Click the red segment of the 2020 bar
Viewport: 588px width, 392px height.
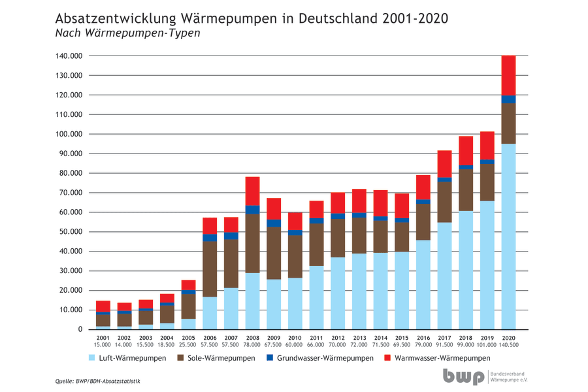[x=508, y=75]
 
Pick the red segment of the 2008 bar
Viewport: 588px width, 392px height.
[x=252, y=191]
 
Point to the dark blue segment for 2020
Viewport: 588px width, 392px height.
[x=508, y=99]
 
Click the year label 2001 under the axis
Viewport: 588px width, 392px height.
[x=103, y=338]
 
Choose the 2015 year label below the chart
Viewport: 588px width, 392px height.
[x=402, y=338]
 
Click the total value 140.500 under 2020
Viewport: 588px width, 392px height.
[x=508, y=344]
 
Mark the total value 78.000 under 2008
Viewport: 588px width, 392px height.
[x=252, y=344]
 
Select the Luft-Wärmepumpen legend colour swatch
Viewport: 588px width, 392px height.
[x=91, y=358]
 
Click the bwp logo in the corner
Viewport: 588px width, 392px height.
[x=464, y=377]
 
